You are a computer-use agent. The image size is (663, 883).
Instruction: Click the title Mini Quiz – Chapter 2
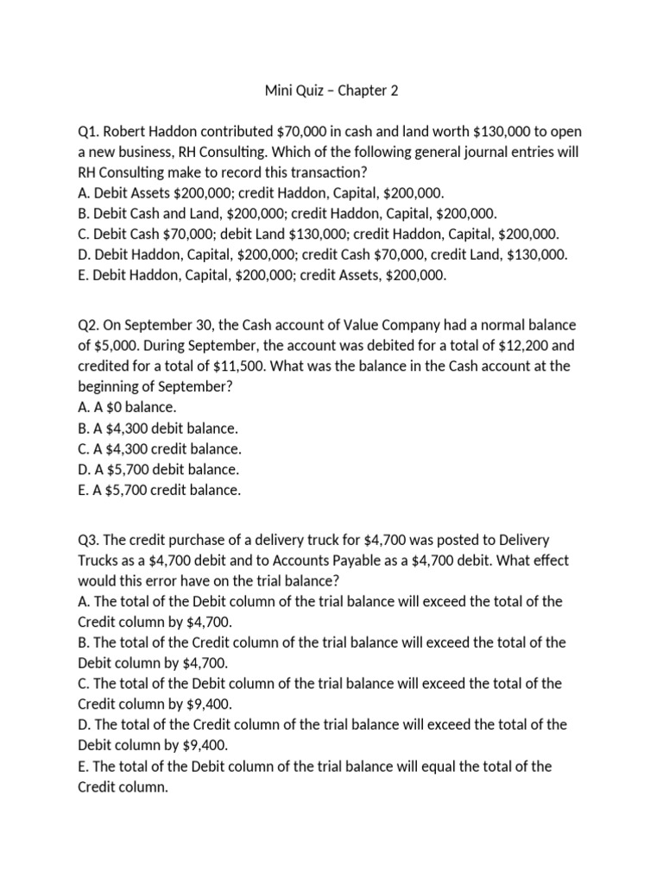click(x=331, y=89)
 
